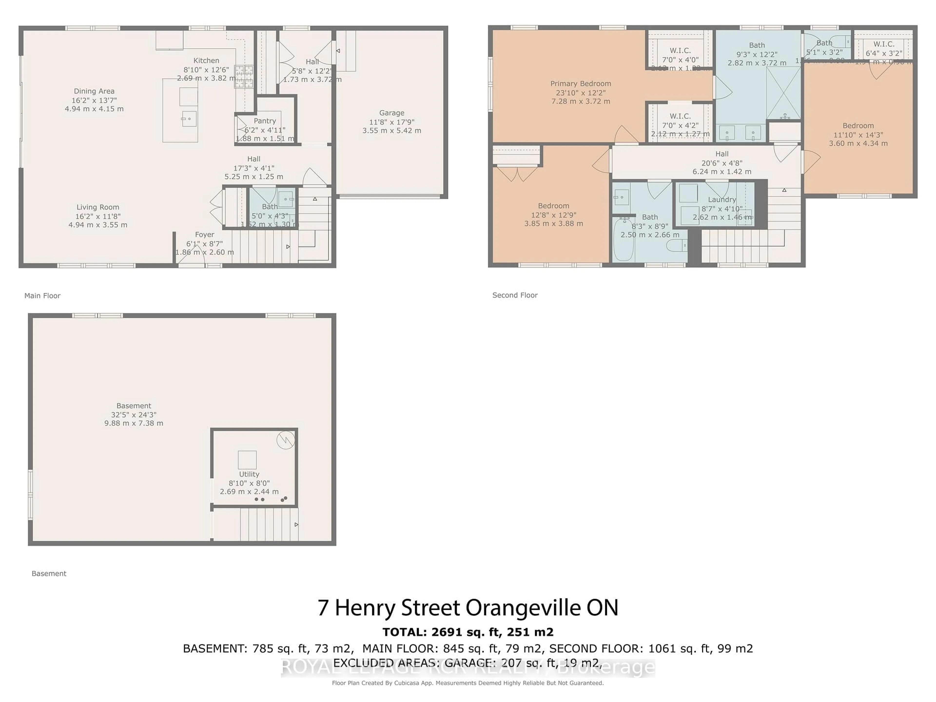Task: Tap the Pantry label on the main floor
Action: pyautogui.click(x=265, y=121)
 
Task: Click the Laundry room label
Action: pyautogui.click(x=722, y=200)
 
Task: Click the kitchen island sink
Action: pyautogui.click(x=189, y=119)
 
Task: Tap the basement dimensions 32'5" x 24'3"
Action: pyautogui.click(x=134, y=415)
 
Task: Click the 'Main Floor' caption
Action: pyautogui.click(x=42, y=296)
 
